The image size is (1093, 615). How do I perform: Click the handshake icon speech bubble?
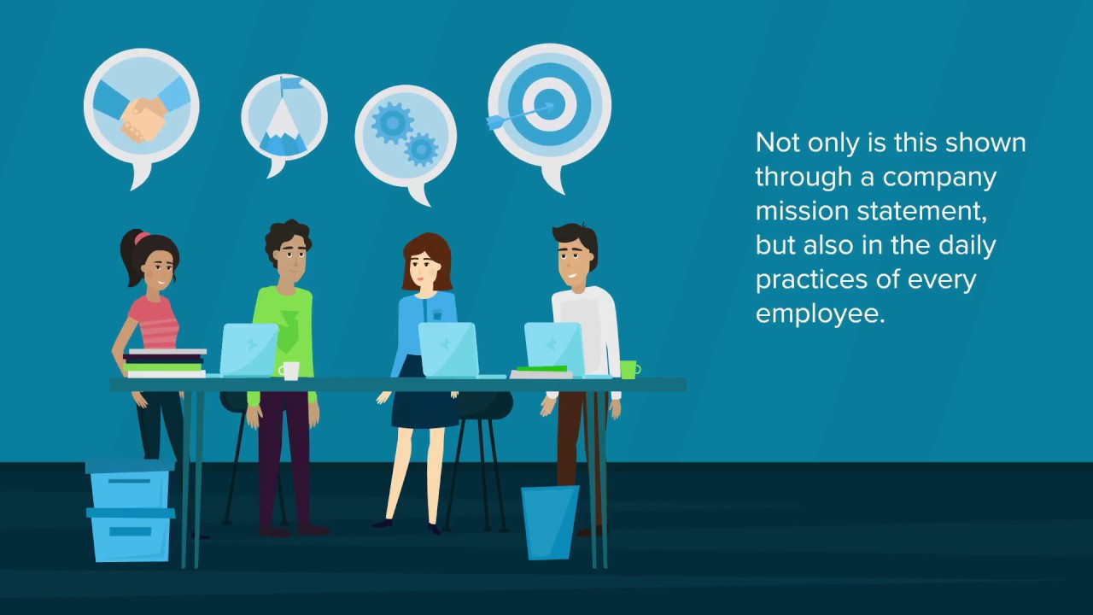click(142, 112)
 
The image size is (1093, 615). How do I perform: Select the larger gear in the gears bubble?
click(392, 123)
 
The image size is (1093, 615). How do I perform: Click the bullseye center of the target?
click(549, 104)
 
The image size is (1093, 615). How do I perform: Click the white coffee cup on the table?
click(289, 371)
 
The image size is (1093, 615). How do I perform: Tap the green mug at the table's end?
click(630, 370)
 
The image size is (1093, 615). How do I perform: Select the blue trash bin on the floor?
click(550, 522)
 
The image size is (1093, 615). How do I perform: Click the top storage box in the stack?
click(131, 484)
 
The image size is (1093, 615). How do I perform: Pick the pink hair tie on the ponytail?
click(142, 237)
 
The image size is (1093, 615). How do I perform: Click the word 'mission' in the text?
click(802, 212)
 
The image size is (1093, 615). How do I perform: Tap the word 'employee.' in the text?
click(820, 314)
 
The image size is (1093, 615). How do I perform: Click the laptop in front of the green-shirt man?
click(248, 349)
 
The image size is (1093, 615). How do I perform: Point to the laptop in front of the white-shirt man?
click(555, 348)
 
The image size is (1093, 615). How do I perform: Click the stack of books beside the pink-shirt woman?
click(165, 363)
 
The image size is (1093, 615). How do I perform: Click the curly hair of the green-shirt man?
click(288, 235)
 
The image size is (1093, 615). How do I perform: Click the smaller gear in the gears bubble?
click(421, 149)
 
